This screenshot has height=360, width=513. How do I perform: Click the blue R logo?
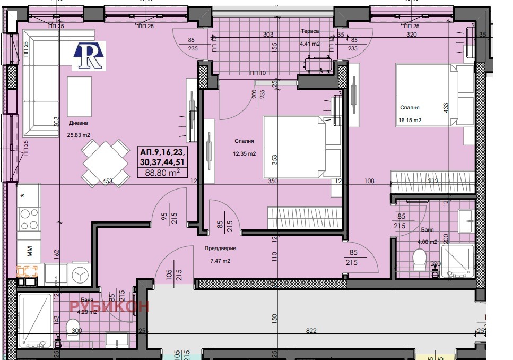click(x=89, y=56)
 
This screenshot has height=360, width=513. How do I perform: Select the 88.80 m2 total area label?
click(x=166, y=172)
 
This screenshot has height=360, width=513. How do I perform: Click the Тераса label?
click(x=310, y=31)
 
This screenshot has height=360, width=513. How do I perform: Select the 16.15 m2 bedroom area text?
click(x=410, y=121)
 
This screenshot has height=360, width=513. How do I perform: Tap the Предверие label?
click(x=220, y=248)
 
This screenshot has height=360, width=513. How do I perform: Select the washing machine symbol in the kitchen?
click(x=80, y=273)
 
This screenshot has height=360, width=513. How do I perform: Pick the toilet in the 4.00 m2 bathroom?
click(x=419, y=259)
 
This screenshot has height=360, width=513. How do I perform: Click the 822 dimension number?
click(x=311, y=331)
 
